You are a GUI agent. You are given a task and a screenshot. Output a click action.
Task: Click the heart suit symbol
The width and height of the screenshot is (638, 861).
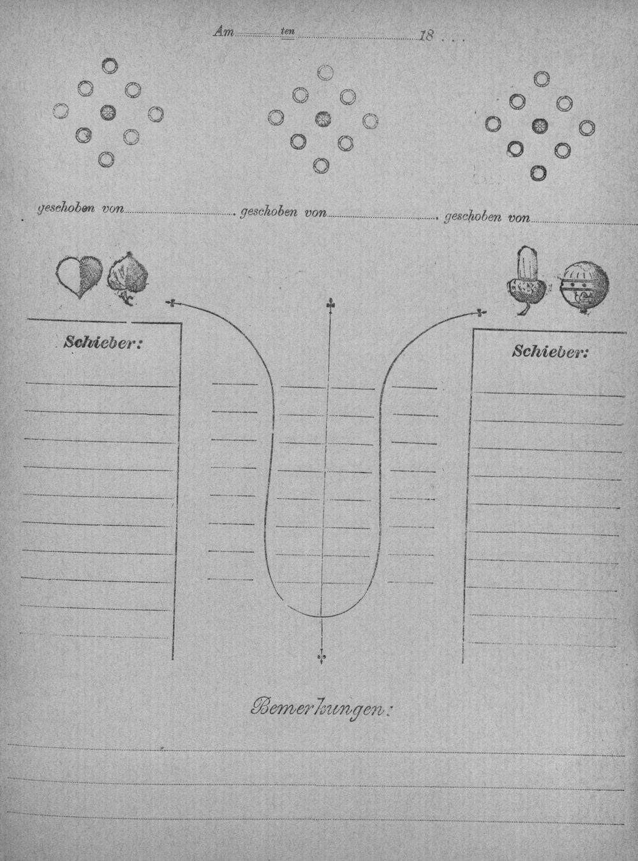80,277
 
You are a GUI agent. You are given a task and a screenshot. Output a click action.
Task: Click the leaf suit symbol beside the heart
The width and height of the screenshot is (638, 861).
128,278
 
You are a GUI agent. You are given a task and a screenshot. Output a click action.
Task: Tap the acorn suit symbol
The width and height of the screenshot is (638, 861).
526,280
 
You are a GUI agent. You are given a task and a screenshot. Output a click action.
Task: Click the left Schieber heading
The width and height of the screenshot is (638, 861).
103,343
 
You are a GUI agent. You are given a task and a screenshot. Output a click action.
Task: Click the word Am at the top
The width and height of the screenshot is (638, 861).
224,32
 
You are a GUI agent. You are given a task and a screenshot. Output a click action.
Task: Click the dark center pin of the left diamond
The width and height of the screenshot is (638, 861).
107,112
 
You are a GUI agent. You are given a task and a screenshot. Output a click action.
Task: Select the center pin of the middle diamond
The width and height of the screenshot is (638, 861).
323,119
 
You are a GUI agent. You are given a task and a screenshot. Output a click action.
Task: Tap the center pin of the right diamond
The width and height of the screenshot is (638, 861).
539,125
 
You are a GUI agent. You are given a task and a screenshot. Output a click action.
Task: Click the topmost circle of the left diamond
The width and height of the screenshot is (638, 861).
110,66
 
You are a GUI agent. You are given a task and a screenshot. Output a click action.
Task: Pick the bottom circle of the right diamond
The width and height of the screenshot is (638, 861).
538,173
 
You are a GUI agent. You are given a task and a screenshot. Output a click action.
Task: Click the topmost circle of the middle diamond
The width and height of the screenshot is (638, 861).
325,72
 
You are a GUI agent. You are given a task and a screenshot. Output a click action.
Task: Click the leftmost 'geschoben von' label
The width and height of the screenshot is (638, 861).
80,209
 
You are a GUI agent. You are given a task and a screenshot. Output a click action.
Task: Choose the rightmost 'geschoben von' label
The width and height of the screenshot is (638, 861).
487,217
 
